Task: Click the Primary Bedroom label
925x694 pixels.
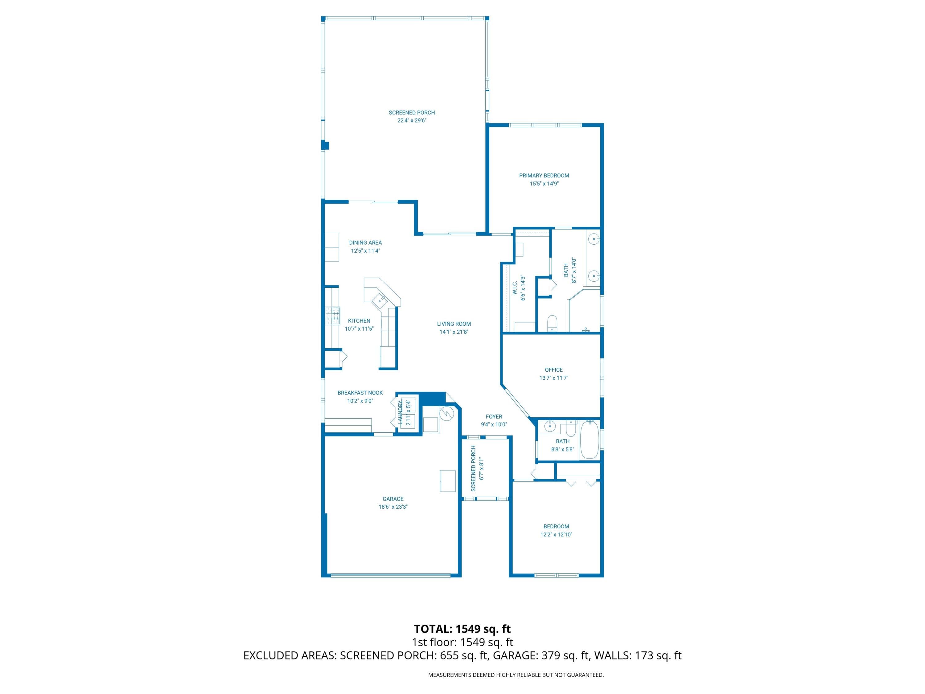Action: click(544, 176)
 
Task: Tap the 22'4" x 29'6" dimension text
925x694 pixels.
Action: click(412, 121)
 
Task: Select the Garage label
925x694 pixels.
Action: click(393, 499)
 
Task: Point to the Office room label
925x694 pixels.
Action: click(554, 370)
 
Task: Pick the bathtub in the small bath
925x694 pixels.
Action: click(590, 440)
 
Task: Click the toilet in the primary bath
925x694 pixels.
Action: click(553, 323)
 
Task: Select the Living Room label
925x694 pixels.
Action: click(454, 324)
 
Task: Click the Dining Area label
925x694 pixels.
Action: click(365, 243)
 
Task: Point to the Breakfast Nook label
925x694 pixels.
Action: click(360, 393)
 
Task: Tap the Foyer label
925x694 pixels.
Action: click(494, 417)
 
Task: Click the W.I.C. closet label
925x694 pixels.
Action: click(515, 287)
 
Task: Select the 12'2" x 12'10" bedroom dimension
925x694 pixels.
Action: click(556, 534)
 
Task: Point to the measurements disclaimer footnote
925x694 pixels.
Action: click(516, 675)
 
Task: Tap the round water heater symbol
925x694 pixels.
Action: click(446, 413)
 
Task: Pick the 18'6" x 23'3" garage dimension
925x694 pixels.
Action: click(393, 506)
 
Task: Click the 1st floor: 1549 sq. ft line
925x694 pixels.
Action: click(462, 642)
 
